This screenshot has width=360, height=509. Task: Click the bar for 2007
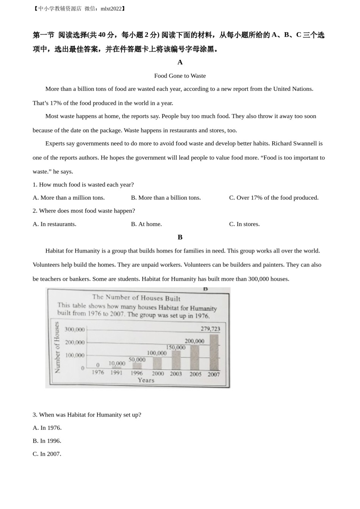214,352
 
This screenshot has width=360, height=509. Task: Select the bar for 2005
194,358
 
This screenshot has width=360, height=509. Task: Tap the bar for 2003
176,360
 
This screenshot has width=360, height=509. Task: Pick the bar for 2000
157,363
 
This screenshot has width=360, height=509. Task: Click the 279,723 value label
210,329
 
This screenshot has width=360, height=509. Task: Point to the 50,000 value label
137,359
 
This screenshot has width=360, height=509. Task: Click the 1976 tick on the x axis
98,372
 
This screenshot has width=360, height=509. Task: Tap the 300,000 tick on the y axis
75,329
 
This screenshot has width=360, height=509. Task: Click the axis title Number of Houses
57,347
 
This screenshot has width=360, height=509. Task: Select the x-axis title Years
146,380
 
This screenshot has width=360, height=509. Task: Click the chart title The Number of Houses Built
136,298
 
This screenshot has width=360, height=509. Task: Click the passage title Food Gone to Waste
180,76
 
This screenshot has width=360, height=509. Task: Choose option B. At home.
146,224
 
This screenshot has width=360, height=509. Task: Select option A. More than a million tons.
69,198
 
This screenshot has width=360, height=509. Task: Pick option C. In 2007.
47,454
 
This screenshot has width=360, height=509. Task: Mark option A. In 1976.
47,428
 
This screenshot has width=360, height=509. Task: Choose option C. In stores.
244,224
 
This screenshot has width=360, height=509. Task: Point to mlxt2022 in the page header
111,9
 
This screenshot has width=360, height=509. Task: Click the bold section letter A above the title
180,62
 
